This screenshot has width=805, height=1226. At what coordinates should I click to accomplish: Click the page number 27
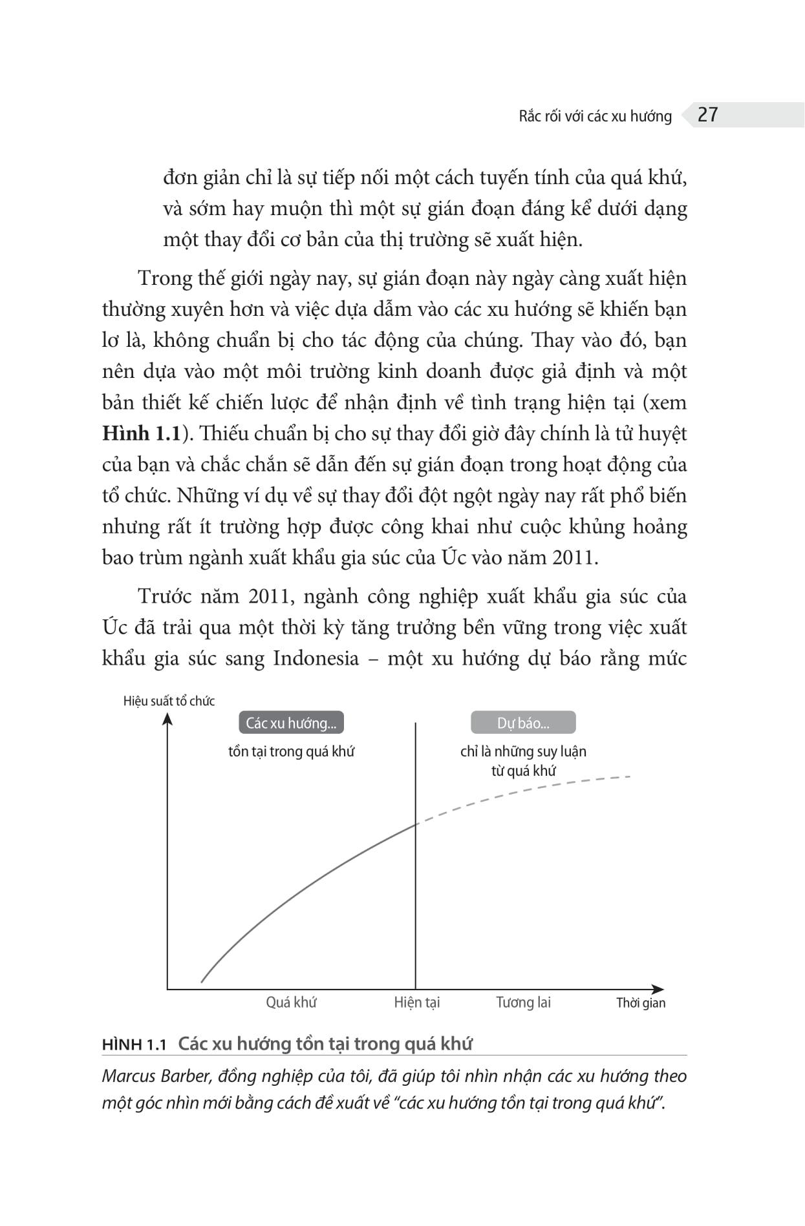click(708, 115)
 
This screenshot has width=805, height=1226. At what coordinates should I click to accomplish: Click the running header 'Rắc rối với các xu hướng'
click(595, 116)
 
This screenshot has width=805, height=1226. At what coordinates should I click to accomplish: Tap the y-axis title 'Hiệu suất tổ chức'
click(169, 701)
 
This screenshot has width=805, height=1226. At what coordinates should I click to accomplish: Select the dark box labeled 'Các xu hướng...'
click(291, 723)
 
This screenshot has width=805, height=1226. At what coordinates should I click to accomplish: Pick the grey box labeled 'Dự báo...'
click(522, 723)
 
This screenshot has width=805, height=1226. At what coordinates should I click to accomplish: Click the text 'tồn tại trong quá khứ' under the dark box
click(291, 751)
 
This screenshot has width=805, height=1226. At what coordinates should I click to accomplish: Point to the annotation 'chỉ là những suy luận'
click(523, 751)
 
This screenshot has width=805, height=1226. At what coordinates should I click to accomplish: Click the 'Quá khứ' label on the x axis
click(291, 1002)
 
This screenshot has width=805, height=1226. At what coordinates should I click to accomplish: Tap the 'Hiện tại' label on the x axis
click(417, 1002)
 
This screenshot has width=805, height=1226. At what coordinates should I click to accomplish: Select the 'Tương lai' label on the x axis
click(523, 1002)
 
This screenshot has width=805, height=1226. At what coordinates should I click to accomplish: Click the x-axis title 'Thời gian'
click(640, 1003)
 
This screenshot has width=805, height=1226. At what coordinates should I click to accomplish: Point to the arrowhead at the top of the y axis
click(167, 718)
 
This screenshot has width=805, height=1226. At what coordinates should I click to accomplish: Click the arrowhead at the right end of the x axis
click(658, 989)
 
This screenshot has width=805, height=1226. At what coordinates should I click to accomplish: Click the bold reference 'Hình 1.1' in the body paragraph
click(140, 433)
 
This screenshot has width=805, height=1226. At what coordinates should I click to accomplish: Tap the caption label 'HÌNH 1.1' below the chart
click(134, 1044)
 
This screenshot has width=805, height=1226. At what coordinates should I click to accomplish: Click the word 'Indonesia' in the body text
click(316, 658)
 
